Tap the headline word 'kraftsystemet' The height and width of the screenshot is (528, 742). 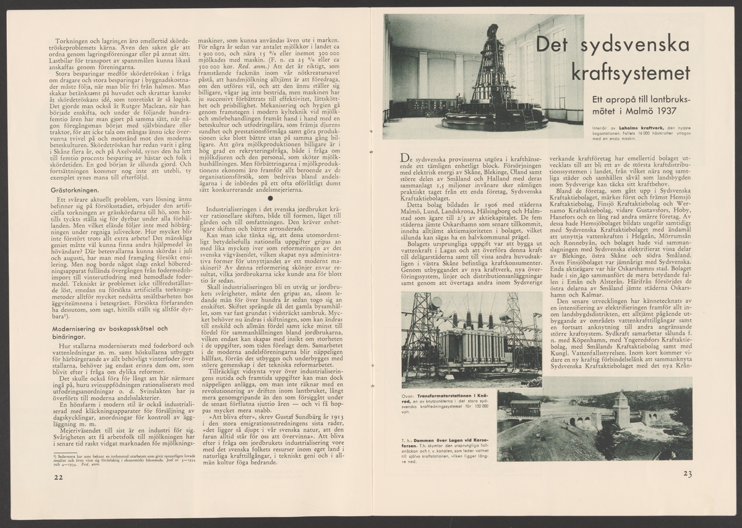tap(630, 72)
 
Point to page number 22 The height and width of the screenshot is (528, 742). tap(58, 477)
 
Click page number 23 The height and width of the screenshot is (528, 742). tap(687, 474)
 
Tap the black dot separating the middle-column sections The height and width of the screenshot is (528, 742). tap(270, 198)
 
